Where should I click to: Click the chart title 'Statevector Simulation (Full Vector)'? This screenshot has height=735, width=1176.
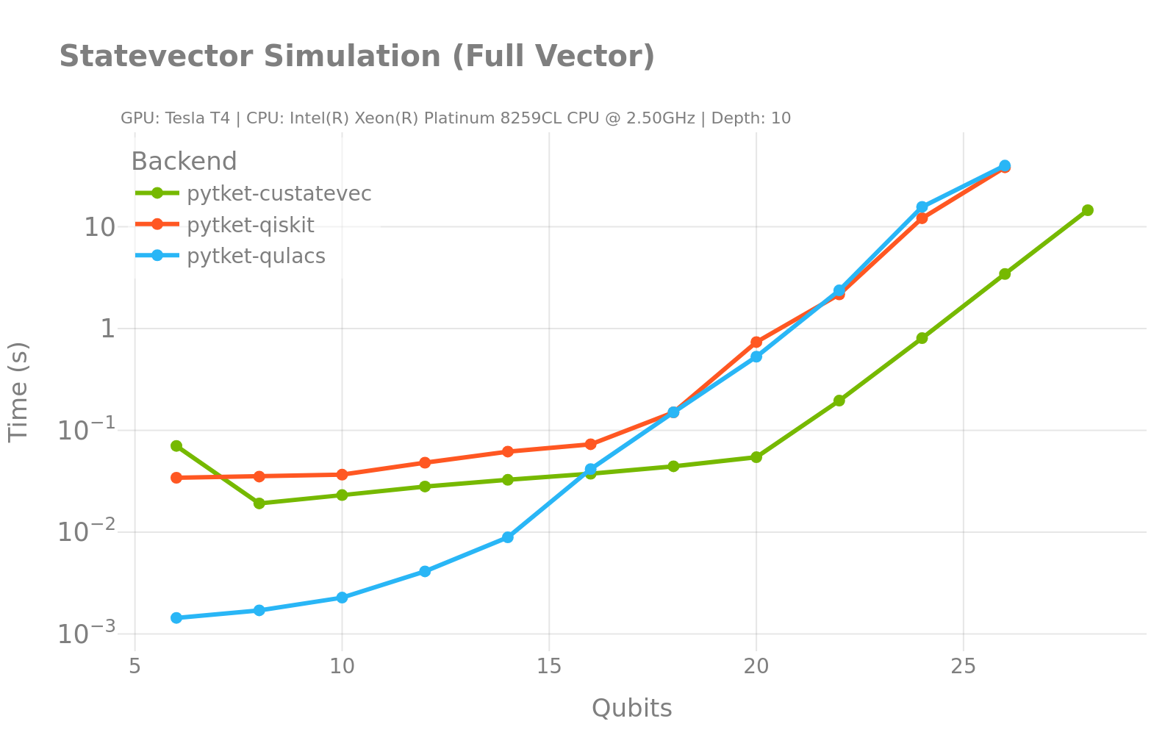coord(356,57)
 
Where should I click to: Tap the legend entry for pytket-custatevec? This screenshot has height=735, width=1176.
coord(279,193)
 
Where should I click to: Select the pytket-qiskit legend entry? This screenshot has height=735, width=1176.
coord(250,225)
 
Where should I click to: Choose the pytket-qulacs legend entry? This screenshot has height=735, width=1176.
coord(256,256)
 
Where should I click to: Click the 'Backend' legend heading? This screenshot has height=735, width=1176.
coord(184,161)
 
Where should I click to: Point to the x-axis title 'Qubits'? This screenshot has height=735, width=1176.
coord(631,708)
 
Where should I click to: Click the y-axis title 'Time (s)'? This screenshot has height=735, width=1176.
coord(18,391)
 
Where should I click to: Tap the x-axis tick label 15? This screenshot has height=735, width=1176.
coord(549,667)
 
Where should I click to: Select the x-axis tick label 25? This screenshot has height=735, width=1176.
coord(963,667)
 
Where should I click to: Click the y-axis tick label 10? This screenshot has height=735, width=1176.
coord(99,227)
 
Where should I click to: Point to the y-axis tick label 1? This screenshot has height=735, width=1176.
coord(108,329)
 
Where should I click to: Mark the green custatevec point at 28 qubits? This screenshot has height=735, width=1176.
coord(1087,210)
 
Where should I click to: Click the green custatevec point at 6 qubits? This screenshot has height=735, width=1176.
coord(176,446)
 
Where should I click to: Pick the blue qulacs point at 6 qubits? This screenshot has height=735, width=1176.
coord(176,618)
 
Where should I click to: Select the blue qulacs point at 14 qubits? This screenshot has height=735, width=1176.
coord(508,537)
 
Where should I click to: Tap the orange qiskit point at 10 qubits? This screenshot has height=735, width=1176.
coord(342,475)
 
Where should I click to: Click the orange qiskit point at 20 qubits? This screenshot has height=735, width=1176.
coord(756,343)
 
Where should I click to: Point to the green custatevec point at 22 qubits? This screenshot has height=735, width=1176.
coord(839,401)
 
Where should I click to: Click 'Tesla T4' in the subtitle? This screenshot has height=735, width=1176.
coord(198,118)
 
